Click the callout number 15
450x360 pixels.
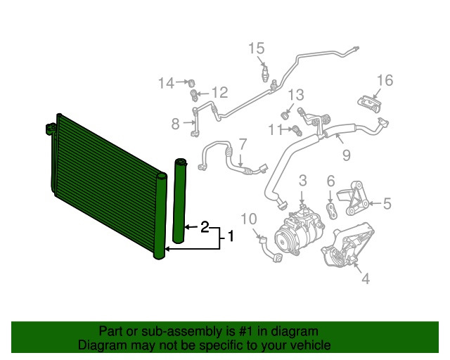pos(256,48)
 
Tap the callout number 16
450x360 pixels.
pos(385,80)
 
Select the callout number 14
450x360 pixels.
pos(165,84)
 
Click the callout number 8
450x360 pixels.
pos(176,124)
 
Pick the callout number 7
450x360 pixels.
pos(243,144)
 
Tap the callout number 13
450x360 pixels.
pos(295,94)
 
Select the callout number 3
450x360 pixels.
pos(302,181)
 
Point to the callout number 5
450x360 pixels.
pos(387,204)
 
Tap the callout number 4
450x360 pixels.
pos(365,280)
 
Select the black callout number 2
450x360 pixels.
pos(205,227)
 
